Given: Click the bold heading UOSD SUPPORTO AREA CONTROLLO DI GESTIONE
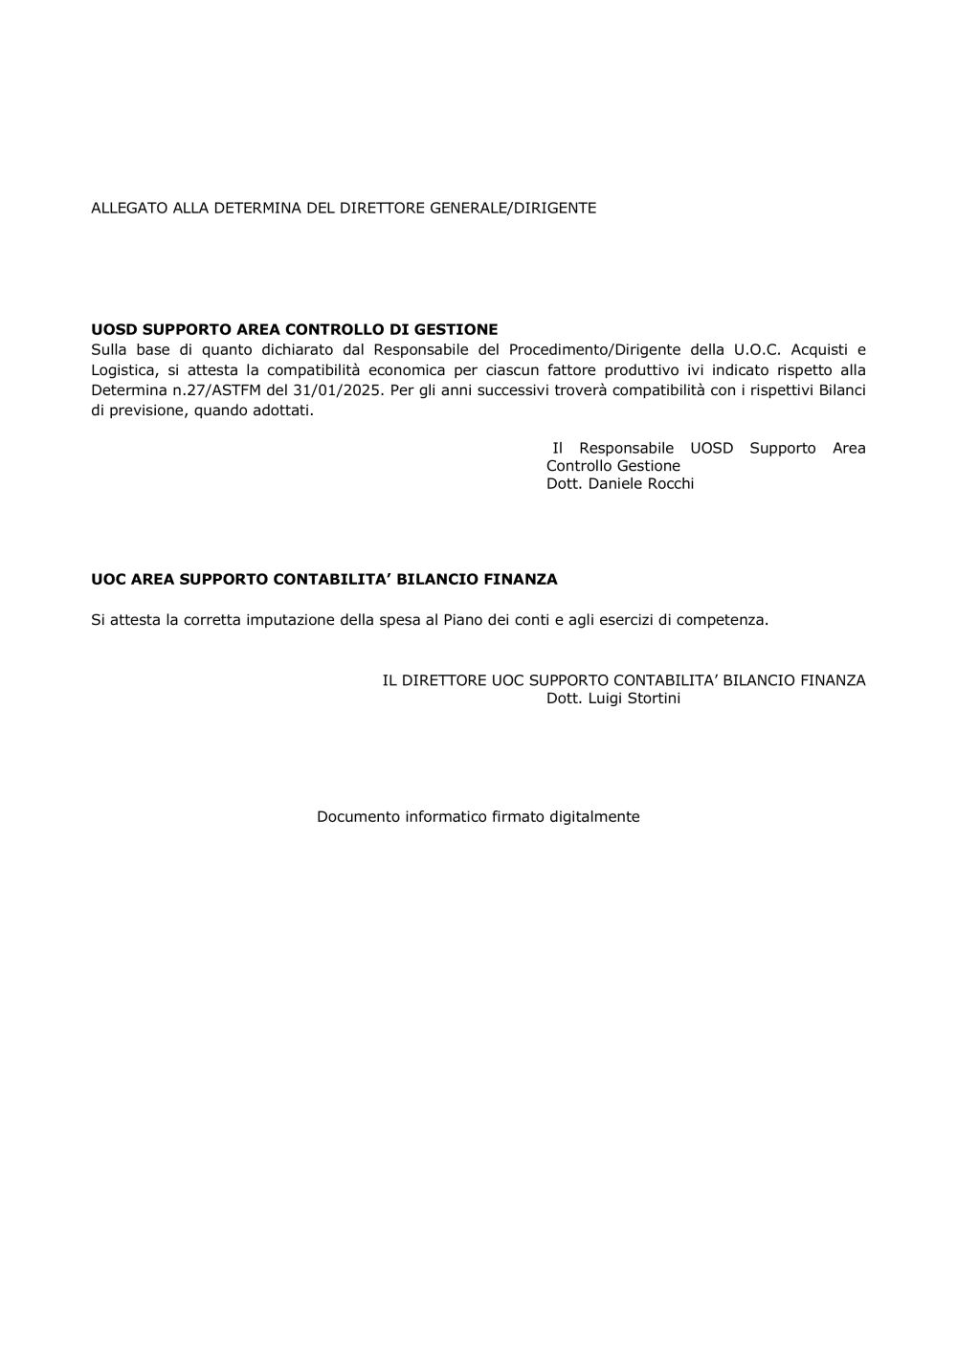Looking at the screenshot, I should [x=294, y=329].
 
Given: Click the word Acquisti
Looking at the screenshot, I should [x=829, y=349].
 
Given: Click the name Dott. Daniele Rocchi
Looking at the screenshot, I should [x=620, y=483].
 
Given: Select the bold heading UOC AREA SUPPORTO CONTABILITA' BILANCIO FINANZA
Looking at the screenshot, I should [x=323, y=579].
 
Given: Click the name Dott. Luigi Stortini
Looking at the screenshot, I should [x=613, y=699].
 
